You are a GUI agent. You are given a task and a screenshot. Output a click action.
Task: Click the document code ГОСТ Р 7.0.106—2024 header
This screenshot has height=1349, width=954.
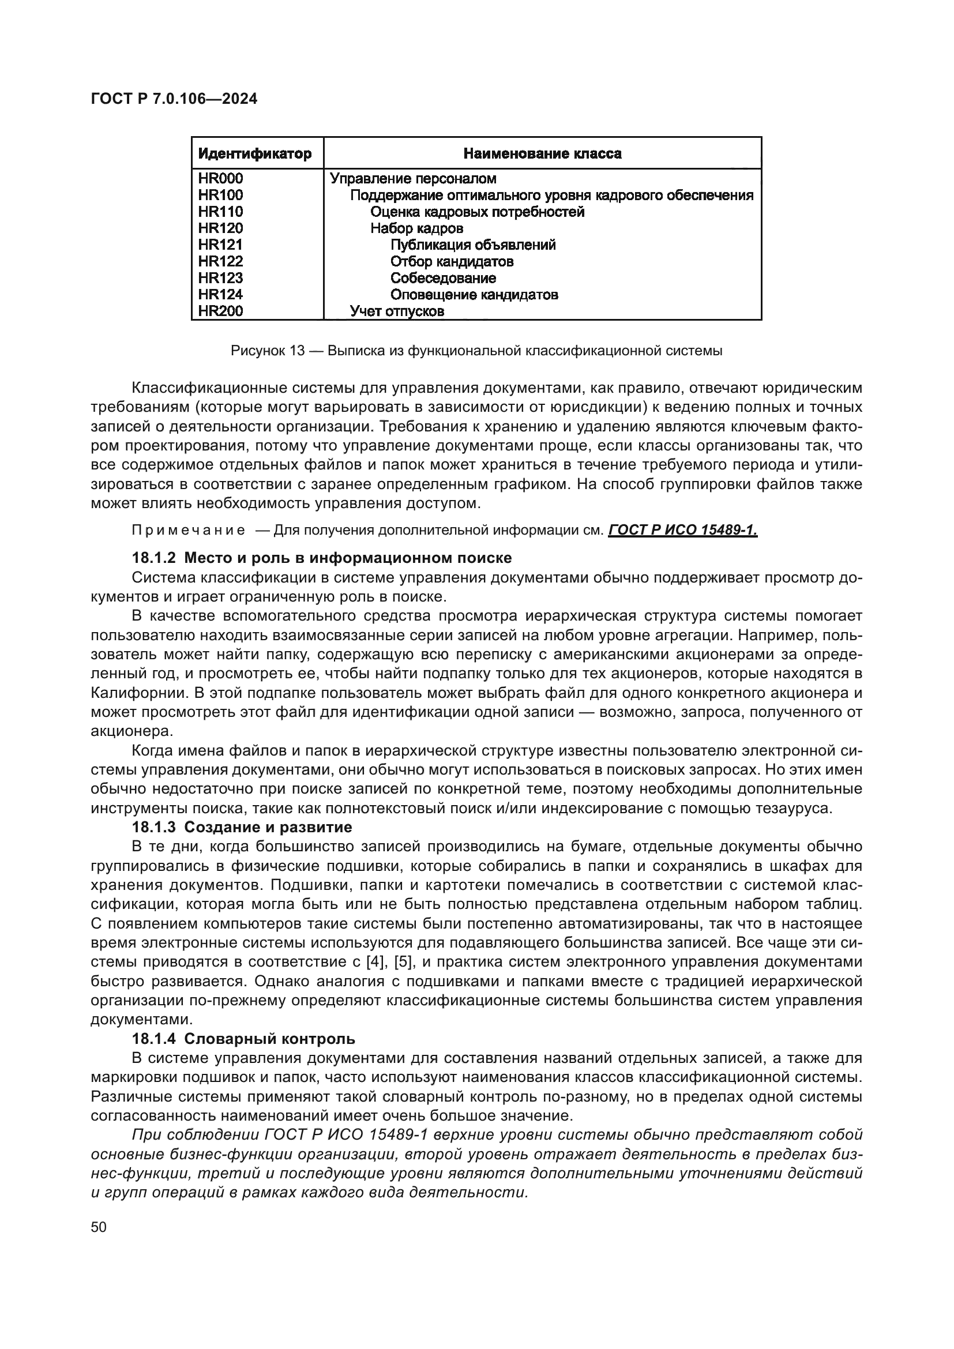point(174,99)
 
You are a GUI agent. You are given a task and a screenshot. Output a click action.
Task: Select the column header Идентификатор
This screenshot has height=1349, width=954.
point(254,154)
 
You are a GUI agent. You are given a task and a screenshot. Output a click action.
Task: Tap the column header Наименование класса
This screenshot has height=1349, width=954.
point(542,154)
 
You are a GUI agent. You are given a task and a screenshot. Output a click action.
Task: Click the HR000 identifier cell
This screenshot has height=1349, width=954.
point(220,179)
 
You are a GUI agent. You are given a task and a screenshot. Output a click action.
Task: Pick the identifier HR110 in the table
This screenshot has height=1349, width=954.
point(220,212)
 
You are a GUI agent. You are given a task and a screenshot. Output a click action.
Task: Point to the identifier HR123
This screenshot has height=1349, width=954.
point(220,278)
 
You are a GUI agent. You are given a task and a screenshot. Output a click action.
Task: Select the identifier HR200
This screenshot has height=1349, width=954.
point(220,311)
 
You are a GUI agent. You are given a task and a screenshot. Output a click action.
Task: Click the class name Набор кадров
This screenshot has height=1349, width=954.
point(416,228)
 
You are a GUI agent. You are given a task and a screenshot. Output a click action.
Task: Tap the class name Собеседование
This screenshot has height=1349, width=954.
point(443,278)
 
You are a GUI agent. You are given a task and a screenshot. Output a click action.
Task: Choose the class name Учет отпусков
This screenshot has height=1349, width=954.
point(397,311)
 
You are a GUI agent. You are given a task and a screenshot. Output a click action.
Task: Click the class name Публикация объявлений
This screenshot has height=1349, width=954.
point(473,245)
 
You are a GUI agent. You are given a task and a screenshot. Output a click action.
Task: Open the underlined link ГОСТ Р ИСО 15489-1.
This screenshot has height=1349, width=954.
point(682,531)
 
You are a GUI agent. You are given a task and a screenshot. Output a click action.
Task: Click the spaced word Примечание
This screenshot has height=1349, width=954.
point(189,531)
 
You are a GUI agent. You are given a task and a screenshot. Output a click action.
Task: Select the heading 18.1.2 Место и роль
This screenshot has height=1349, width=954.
point(321,558)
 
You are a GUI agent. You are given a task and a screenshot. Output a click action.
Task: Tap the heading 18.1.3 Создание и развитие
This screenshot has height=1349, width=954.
point(242,827)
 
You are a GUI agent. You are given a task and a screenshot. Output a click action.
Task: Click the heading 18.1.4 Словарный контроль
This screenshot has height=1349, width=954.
point(243,1039)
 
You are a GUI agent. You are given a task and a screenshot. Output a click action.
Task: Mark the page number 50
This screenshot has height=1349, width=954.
point(99,1227)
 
